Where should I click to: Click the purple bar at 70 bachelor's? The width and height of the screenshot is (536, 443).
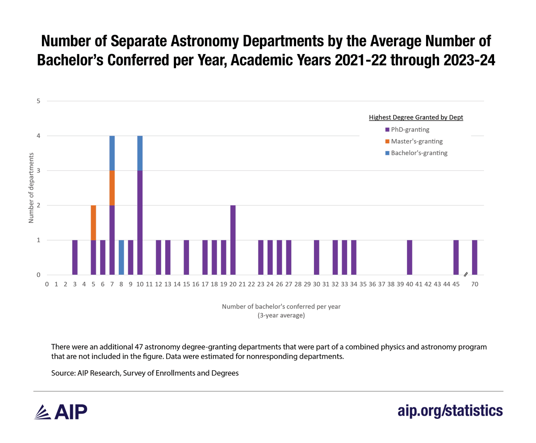474,258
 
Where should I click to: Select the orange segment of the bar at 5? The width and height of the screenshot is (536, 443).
93,223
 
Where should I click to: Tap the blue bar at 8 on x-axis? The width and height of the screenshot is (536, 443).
121,258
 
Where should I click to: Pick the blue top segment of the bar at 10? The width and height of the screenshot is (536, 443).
140,153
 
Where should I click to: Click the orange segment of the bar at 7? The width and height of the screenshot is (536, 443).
112,188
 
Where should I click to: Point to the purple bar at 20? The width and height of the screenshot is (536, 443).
233,240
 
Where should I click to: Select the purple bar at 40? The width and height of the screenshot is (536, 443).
409,258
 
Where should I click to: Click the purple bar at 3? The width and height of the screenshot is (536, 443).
75,258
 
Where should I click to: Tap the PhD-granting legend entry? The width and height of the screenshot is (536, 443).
407,130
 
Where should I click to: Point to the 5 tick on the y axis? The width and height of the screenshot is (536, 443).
38,101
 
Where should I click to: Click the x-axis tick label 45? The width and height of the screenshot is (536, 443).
456,284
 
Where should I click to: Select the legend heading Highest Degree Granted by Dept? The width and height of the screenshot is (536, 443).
416,118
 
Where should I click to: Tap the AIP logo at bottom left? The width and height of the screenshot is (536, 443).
61,412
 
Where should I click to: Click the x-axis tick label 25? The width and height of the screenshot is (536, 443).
270,284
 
